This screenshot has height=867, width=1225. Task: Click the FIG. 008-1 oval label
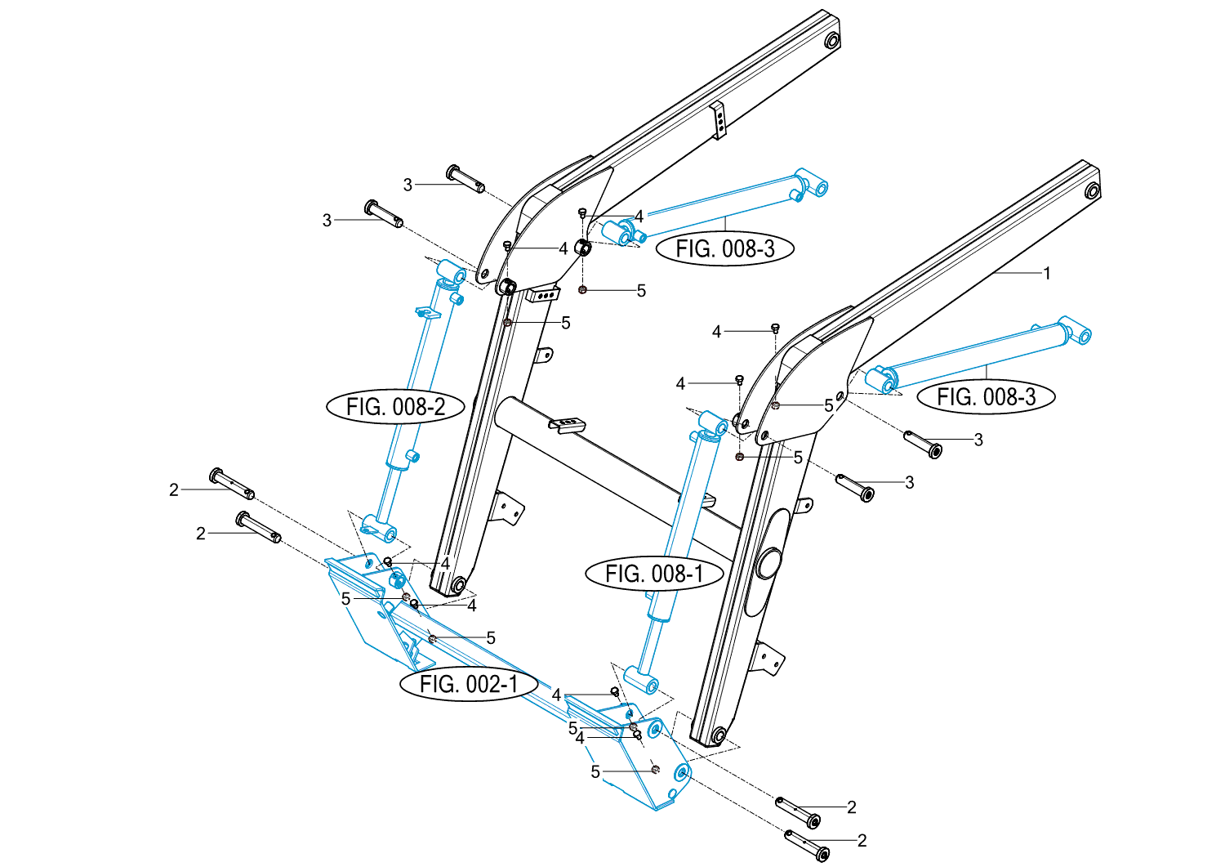[654, 574]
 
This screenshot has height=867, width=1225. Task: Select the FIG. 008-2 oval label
[395, 406]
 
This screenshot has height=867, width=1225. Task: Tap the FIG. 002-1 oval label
[469, 684]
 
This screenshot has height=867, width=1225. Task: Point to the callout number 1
[1048, 273]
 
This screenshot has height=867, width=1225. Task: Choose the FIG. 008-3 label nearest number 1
[986, 396]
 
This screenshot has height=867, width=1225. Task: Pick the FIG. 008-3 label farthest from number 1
[724, 248]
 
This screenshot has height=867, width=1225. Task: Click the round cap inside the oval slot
[769, 563]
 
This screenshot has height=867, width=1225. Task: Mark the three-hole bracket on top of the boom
[719, 120]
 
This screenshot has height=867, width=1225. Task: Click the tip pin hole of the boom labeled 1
[1091, 191]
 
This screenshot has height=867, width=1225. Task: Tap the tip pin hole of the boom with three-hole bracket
[831, 41]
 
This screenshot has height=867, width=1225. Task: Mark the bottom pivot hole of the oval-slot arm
[717, 735]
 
